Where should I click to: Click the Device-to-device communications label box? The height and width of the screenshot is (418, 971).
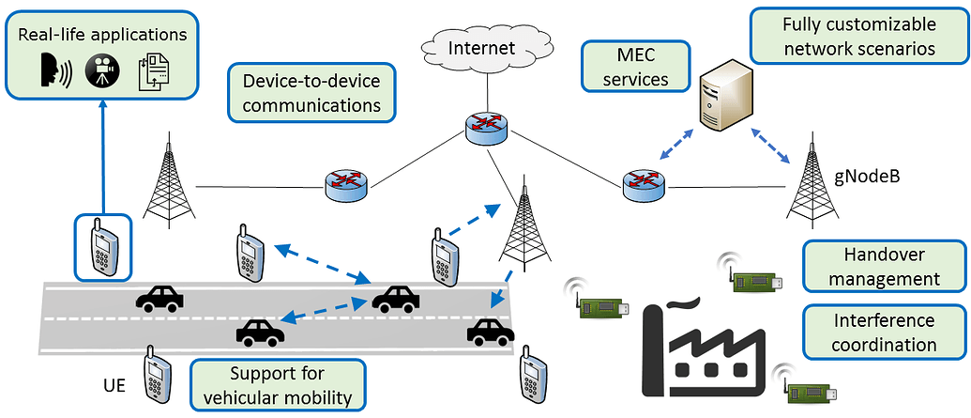pos(311,93)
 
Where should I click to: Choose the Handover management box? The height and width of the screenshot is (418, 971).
pos(885,267)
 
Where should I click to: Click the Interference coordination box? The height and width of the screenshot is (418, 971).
pos(885,333)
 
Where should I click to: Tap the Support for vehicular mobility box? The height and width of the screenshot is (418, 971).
pos(276,385)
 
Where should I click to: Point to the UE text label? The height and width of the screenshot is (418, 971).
pos(114,385)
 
